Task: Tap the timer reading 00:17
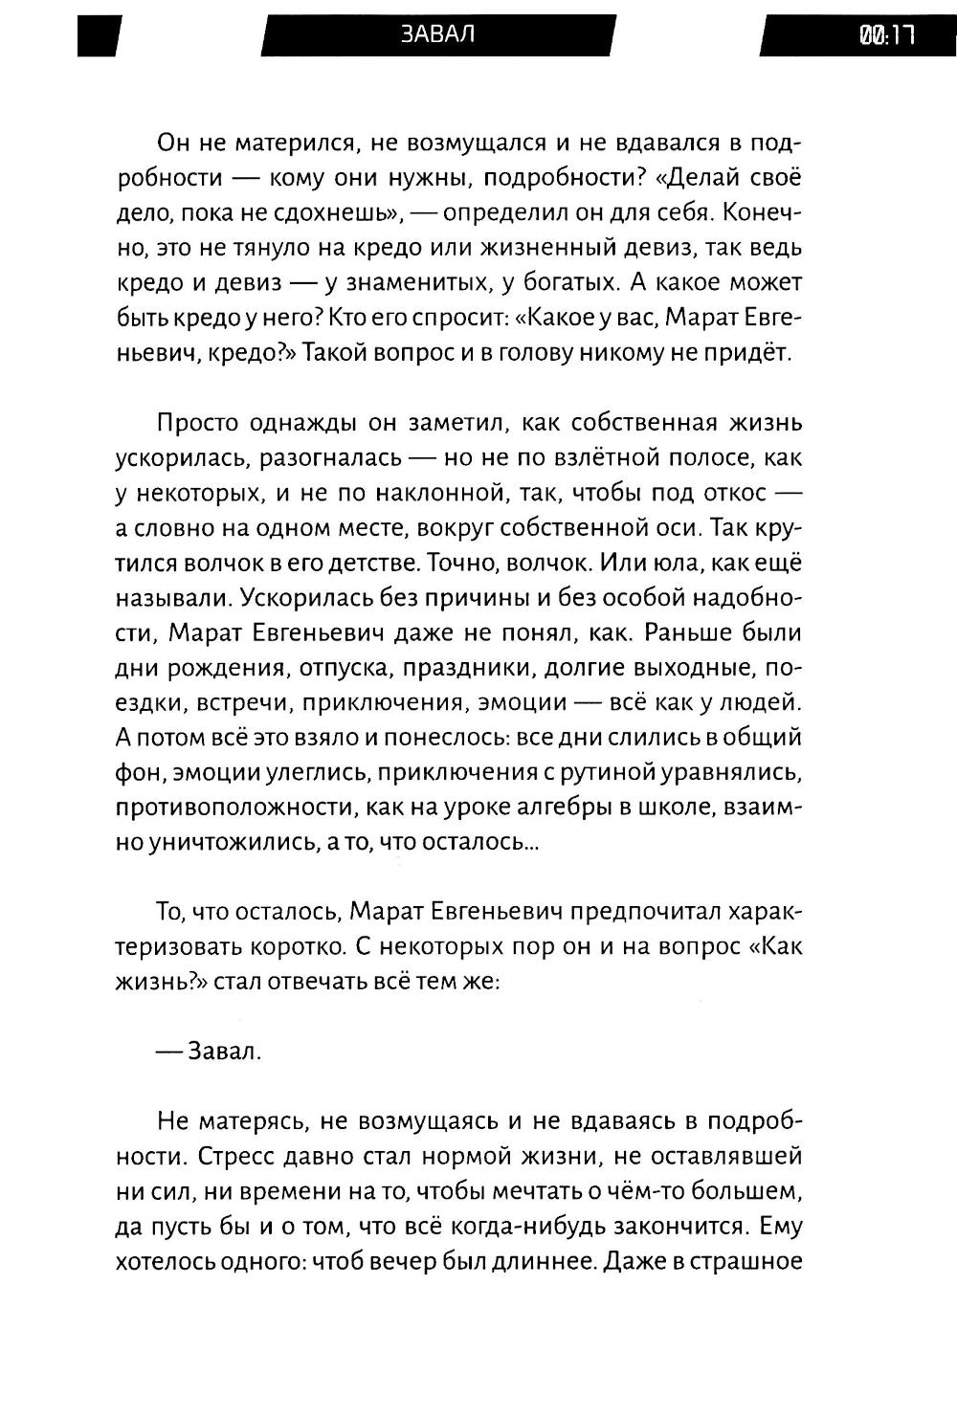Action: click(x=887, y=35)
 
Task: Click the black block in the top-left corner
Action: click(x=100, y=35)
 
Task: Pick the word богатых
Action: click(x=602, y=283)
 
